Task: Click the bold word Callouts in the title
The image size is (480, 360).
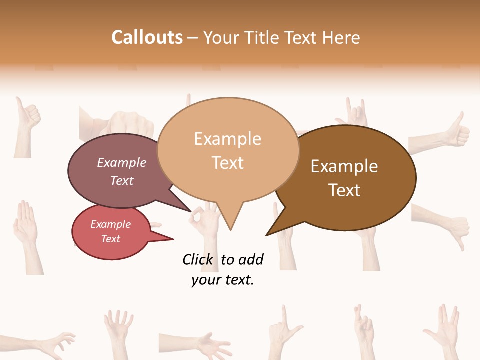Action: [x=147, y=37]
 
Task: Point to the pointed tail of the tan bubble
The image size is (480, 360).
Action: [x=230, y=227]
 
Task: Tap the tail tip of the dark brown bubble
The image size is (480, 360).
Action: [x=267, y=234]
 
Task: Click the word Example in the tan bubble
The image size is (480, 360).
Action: [x=227, y=139]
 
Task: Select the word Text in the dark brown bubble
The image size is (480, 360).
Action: [x=344, y=190]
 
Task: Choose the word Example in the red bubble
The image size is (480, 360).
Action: [x=110, y=224]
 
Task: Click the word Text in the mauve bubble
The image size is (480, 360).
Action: [x=122, y=180]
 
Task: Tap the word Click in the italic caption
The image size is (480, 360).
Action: [x=197, y=259]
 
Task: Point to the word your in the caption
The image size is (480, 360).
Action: [x=205, y=280]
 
